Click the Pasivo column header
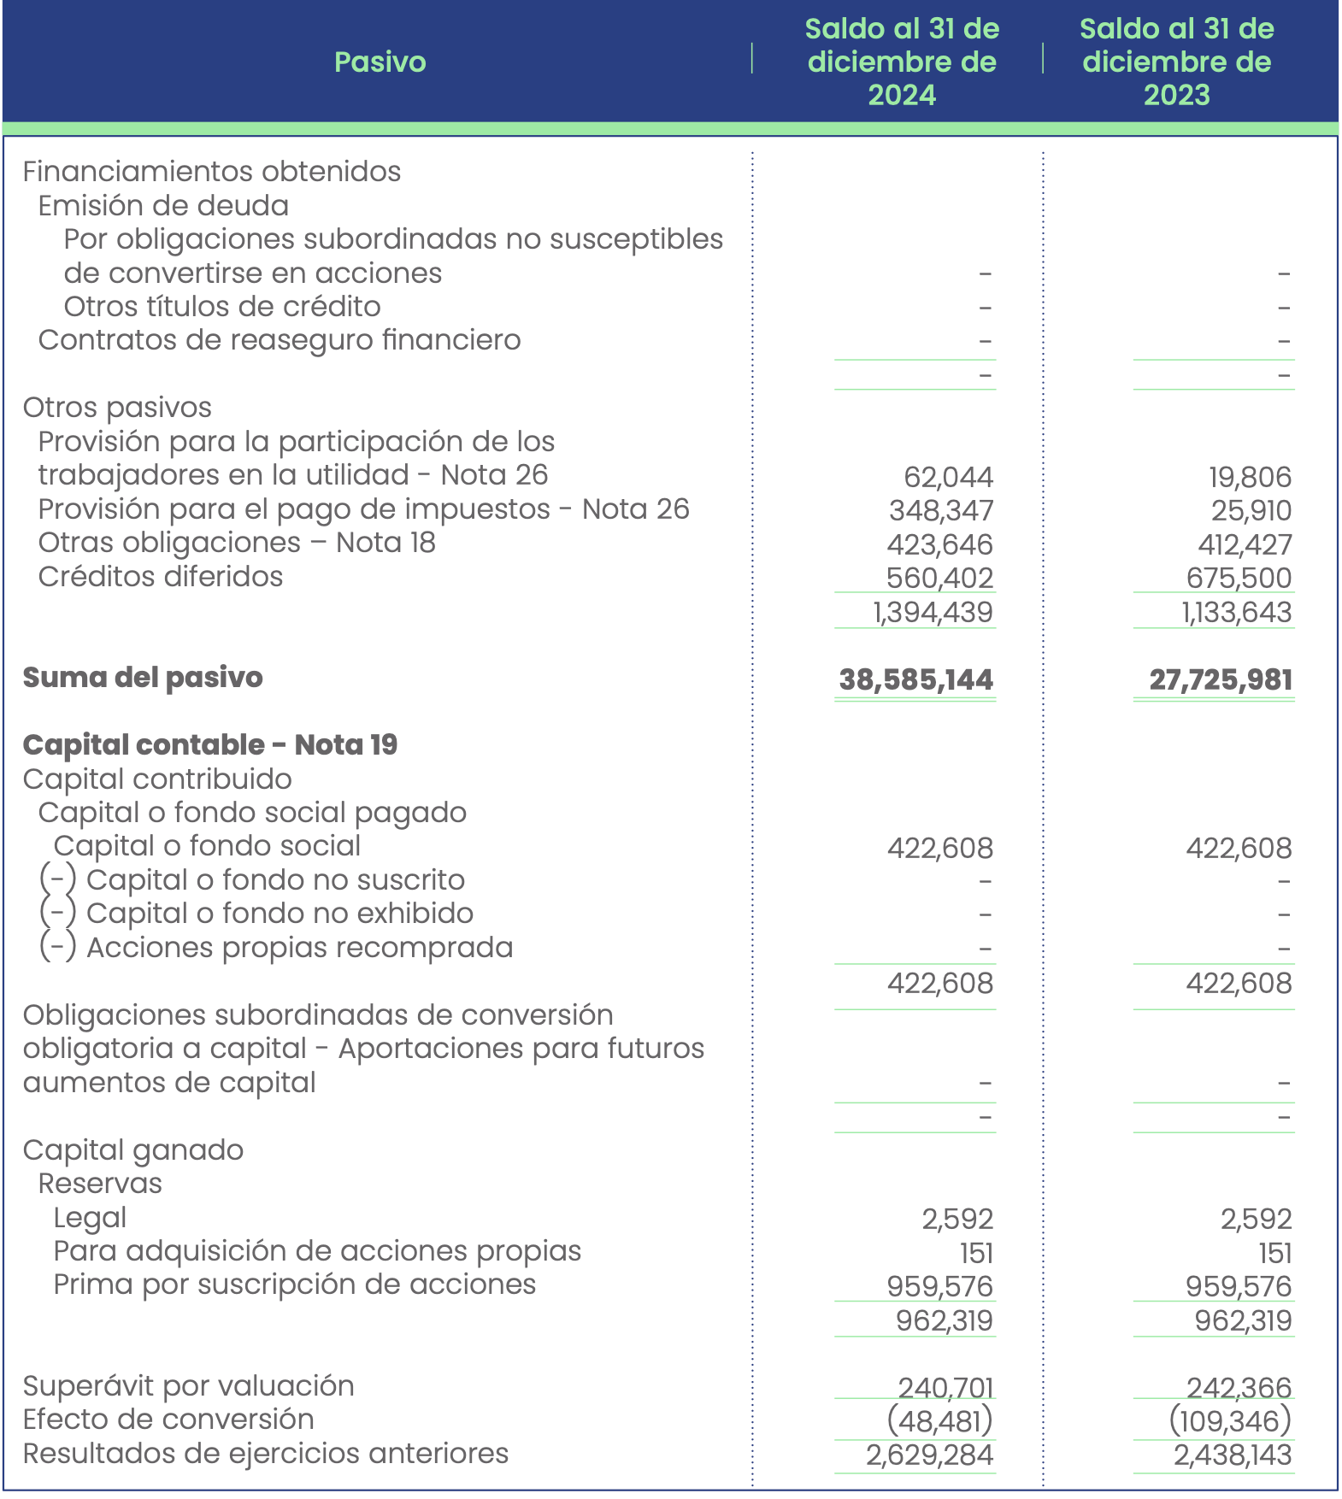click(380, 62)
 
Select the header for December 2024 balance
click(902, 62)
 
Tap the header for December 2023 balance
click(1176, 62)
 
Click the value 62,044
click(948, 477)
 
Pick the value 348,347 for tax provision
click(941, 511)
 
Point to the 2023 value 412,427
click(1245, 544)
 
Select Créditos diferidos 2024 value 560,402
click(939, 579)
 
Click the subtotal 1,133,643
click(1236, 613)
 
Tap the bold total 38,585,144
click(915, 680)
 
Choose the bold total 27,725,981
click(1220, 680)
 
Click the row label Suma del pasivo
click(143, 678)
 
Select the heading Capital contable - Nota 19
click(210, 745)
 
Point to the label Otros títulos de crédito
click(222, 307)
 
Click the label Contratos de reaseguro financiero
click(280, 340)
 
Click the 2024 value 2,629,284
click(929, 1455)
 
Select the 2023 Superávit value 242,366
click(1239, 1387)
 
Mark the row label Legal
click(90, 1218)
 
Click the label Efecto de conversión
click(168, 1420)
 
